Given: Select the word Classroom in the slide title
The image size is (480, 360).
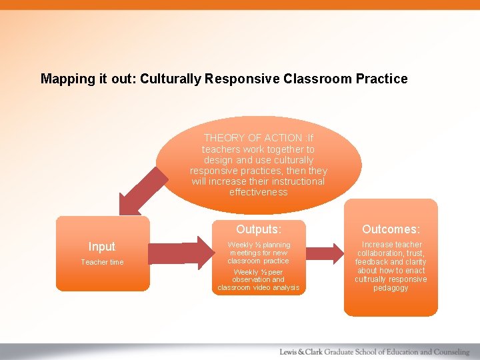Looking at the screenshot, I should click(315, 79).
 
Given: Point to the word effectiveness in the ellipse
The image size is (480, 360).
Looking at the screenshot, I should click(258, 192).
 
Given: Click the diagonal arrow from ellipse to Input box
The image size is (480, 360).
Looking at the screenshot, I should click(137, 193).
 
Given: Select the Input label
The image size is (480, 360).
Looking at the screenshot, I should click(102, 247).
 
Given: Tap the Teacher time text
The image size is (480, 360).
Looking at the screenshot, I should click(102, 262).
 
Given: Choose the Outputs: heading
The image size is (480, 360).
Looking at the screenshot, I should click(258, 229).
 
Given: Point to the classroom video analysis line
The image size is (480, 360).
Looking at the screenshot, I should click(258, 287).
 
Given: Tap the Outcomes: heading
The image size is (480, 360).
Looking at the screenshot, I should click(391, 229).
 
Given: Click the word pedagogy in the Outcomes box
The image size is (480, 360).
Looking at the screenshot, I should click(391, 288).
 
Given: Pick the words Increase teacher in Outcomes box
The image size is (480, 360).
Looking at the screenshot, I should click(391, 245).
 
